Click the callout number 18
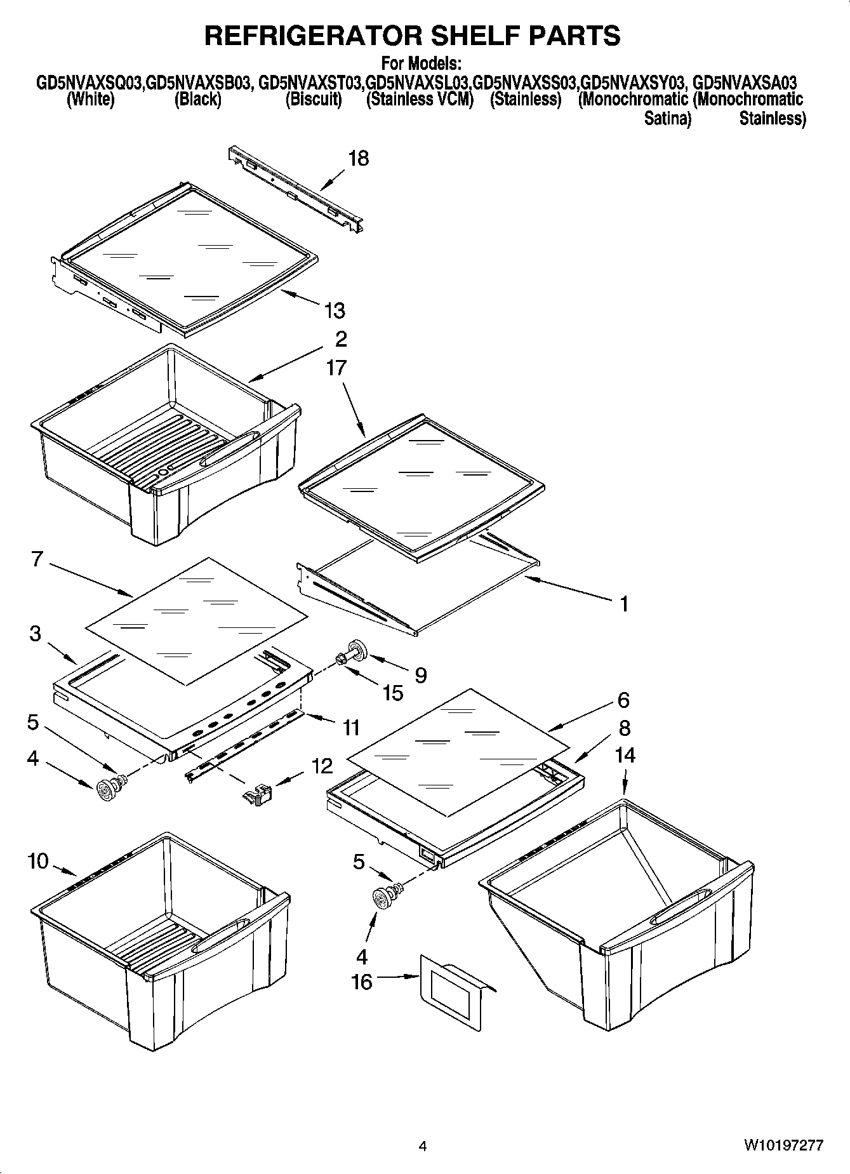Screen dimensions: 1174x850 tap(359, 159)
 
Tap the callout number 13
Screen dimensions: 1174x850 tap(335, 310)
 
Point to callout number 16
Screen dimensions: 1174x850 tap(362, 982)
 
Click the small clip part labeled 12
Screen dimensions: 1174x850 tap(258, 794)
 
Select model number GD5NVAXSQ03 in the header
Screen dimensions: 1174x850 tap(90, 83)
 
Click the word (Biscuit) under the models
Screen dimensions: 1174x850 tap(314, 100)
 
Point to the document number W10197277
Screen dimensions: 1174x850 tap(784, 1146)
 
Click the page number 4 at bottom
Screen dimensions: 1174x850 tap(423, 1146)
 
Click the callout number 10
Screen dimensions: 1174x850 tap(38, 861)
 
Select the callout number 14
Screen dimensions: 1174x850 tap(625, 755)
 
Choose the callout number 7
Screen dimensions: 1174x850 tap(37, 559)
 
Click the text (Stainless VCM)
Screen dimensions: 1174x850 tap(420, 100)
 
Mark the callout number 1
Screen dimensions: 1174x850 tap(624, 603)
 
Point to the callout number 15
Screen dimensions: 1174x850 tap(393, 693)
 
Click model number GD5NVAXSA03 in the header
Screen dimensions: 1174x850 tap(745, 83)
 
